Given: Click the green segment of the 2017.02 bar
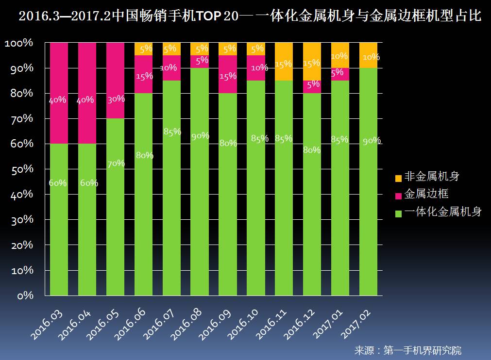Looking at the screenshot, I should pos(369,204).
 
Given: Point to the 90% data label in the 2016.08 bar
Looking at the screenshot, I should pos(200,136).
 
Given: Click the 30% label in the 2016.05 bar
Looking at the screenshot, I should pos(116,99).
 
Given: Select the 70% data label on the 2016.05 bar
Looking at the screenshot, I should pos(116,164).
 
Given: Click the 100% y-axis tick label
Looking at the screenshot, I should pos(19,43).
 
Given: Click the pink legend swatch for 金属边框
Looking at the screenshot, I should pos(398,196).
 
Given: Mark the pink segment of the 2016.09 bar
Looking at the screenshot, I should pos(228,74).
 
